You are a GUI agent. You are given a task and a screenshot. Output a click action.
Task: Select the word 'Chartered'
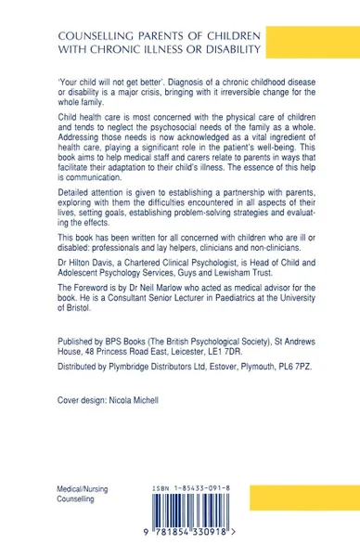coord(139,298)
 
